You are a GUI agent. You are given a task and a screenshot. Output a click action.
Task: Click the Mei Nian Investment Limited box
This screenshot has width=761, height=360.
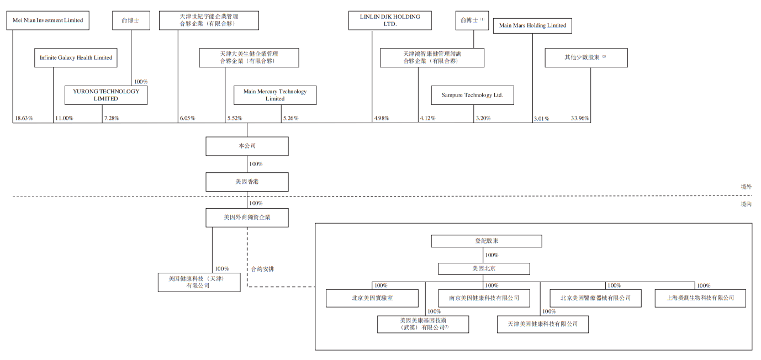click(x=48, y=20)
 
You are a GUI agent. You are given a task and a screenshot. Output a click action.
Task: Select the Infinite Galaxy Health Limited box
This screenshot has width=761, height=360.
click(x=76, y=58)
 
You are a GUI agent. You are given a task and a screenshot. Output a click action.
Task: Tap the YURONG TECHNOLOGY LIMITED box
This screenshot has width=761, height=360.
click(x=106, y=95)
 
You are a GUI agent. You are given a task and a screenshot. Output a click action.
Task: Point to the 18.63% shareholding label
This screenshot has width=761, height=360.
click(x=24, y=118)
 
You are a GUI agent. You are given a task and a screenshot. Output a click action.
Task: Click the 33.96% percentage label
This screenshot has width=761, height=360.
click(x=579, y=118)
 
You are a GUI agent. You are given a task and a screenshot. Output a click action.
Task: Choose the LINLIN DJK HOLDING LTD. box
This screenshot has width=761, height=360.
click(x=390, y=20)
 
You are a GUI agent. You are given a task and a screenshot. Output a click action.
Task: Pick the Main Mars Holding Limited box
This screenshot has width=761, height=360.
click(x=532, y=26)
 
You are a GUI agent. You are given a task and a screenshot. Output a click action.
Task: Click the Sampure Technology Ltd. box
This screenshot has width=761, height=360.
click(x=473, y=95)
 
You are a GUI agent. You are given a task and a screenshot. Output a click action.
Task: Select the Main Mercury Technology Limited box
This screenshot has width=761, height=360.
click(x=275, y=95)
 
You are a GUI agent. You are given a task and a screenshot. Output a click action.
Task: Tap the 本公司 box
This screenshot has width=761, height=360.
click(x=247, y=146)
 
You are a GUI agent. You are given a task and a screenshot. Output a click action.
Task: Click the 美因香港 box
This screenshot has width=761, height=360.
click(x=247, y=182)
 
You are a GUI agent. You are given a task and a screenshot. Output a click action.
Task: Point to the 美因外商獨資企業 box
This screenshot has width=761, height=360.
click(x=247, y=218)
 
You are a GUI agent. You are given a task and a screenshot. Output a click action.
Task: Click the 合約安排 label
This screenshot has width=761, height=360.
click(x=263, y=269)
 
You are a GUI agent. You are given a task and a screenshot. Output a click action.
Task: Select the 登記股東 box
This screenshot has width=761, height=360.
click(x=487, y=241)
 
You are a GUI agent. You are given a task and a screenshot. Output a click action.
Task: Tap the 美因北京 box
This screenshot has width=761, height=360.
click(x=484, y=269)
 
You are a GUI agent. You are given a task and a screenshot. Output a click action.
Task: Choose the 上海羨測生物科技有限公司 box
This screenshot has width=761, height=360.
click(x=700, y=298)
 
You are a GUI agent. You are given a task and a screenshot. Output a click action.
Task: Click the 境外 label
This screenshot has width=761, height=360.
click(x=746, y=187)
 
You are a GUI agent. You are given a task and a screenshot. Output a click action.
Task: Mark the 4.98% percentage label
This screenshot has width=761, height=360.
click(x=382, y=118)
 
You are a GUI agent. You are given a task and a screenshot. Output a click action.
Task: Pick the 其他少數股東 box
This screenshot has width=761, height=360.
click(x=586, y=58)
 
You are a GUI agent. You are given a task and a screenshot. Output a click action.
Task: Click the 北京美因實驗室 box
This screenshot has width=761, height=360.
click(x=372, y=298)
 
